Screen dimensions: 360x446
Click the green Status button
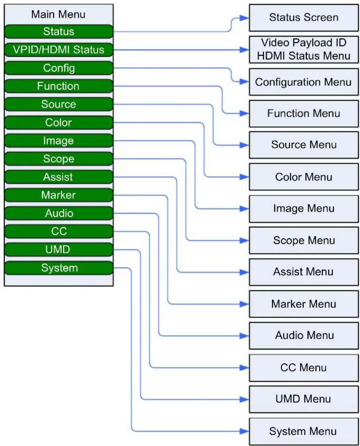click(x=59, y=31)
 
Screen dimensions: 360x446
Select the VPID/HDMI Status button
click(x=59, y=50)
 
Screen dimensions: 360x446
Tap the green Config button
click(x=59, y=68)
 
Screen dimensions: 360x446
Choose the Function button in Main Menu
click(x=59, y=86)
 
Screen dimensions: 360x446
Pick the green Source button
click(x=59, y=104)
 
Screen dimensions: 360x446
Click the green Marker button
click(x=59, y=195)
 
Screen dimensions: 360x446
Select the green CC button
click(x=59, y=231)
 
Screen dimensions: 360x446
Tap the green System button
click(x=59, y=268)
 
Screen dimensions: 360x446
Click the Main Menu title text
click(x=58, y=15)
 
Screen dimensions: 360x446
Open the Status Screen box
click(x=304, y=17)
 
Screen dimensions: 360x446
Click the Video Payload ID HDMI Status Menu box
click(x=304, y=50)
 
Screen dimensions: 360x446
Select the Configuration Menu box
click(x=304, y=82)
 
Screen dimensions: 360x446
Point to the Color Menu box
click(x=304, y=177)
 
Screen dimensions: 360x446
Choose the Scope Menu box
click(x=304, y=240)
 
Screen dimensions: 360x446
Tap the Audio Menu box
click(x=304, y=336)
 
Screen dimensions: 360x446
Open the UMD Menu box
click(x=304, y=400)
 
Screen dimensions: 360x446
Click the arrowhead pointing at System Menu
click(x=244, y=431)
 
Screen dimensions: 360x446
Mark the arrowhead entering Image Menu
click(x=244, y=209)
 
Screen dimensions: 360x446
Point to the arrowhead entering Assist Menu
click(x=244, y=272)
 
